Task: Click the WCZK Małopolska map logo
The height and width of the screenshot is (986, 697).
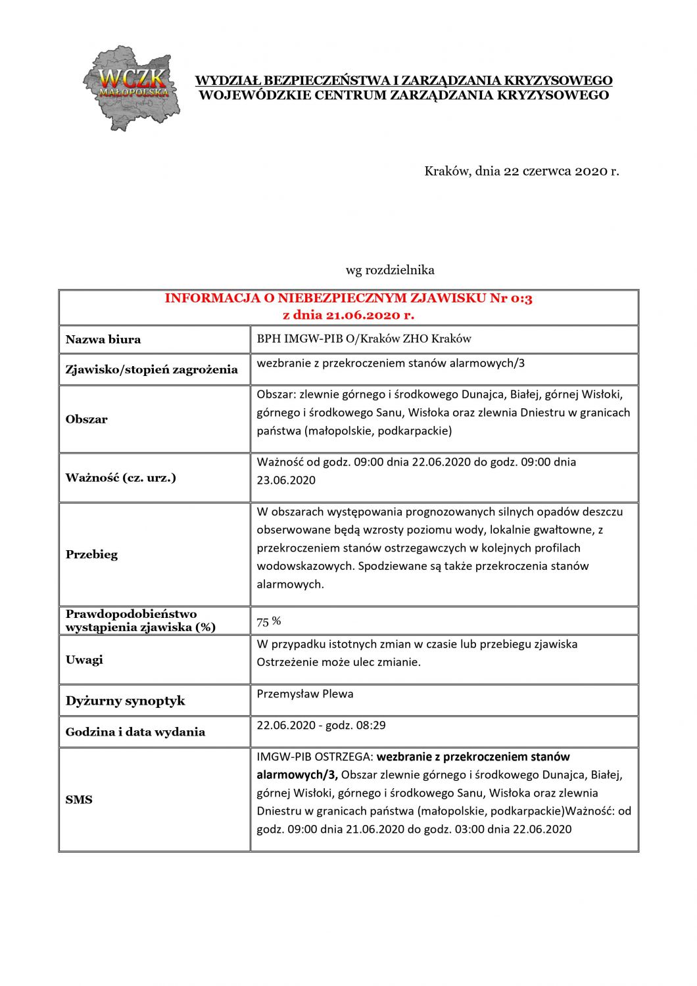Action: coord(131,87)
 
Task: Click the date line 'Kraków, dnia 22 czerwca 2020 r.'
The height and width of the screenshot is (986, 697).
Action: coord(521,172)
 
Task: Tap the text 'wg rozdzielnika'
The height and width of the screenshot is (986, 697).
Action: coord(390,270)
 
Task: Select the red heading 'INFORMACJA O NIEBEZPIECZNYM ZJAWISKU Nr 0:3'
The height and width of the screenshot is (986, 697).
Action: coord(348,298)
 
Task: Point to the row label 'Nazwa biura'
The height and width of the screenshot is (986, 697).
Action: coord(103,340)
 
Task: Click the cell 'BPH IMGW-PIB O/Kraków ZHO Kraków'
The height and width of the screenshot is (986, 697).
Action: coord(364,339)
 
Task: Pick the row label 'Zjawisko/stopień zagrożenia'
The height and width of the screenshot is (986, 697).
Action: coord(151,369)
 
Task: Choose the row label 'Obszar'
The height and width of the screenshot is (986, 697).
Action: coord(86,419)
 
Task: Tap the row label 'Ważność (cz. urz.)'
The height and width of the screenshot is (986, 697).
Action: coord(120,478)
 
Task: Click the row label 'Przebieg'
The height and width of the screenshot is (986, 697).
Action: coord(91,555)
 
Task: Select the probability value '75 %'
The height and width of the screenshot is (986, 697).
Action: coord(268,621)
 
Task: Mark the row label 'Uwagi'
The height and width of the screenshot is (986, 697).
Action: coord(84,660)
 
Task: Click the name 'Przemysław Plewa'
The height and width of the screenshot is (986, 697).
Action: coord(304,694)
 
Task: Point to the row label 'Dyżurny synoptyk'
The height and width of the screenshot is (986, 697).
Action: coord(125,701)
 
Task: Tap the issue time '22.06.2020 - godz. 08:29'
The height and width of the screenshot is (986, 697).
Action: coord(321,726)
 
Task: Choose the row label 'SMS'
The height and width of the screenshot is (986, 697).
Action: coord(79,800)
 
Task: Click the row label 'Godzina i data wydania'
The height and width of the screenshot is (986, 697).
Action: coord(135,732)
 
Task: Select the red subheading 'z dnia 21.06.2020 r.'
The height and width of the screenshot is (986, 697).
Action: coord(348,315)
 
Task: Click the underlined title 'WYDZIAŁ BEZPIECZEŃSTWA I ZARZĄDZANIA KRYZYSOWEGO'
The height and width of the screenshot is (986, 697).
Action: coord(404,81)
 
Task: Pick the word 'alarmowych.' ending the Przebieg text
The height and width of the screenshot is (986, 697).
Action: coord(290,584)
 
